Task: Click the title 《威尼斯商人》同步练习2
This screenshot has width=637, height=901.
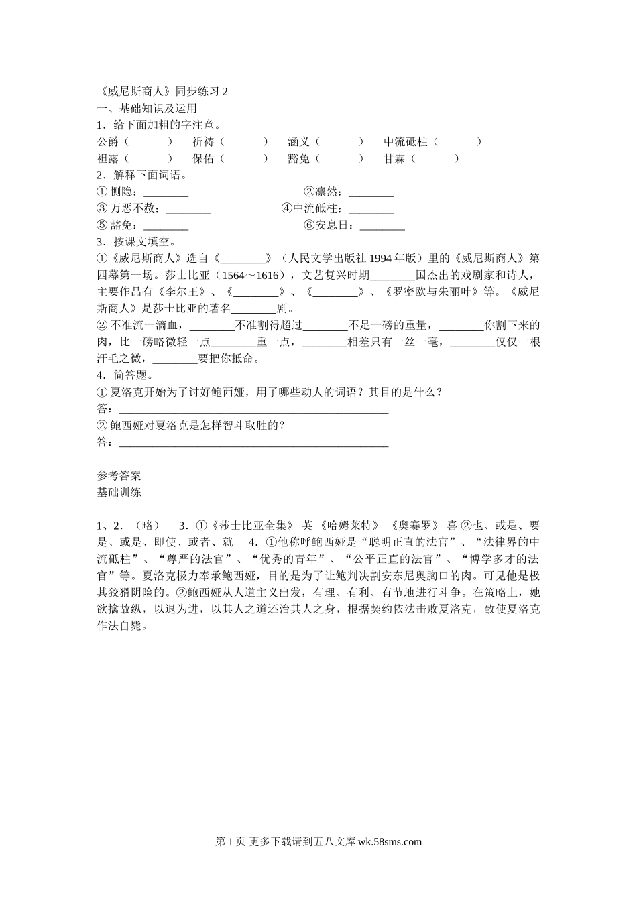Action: pyautogui.click(x=163, y=92)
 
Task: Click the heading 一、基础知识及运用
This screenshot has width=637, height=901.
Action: pyautogui.click(x=147, y=109)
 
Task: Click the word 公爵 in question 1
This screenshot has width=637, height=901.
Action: pyautogui.click(x=108, y=142)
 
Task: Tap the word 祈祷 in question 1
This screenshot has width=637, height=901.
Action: pyautogui.click(x=203, y=142)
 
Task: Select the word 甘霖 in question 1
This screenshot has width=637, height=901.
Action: pyautogui.click(x=394, y=159)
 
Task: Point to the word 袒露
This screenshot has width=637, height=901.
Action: pyautogui.click(x=108, y=159)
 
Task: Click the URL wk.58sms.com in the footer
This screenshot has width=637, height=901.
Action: pyautogui.click(x=390, y=842)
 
